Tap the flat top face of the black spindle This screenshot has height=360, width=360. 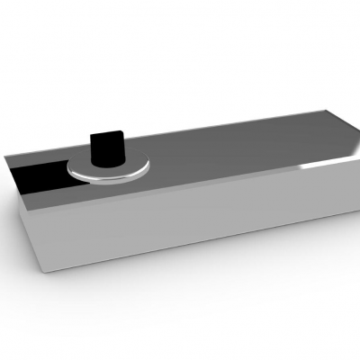pyautogui.click(x=108, y=135)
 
